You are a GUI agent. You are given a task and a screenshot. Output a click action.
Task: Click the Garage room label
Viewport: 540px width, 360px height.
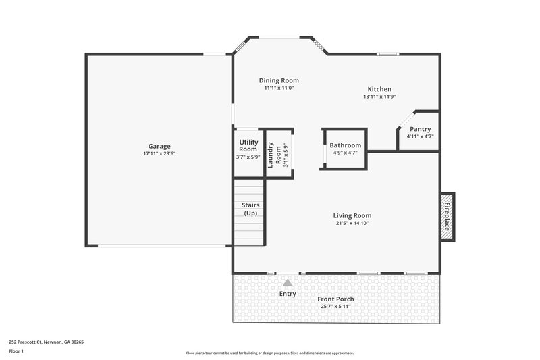click(159, 146)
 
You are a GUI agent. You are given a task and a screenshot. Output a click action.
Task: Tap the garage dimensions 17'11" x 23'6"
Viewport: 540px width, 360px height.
click(159, 154)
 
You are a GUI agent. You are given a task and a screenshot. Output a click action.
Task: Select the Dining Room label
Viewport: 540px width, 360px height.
click(279, 80)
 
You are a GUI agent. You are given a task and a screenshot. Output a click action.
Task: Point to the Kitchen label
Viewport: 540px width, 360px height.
click(379, 89)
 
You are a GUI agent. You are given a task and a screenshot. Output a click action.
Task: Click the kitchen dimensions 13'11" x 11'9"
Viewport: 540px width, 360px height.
click(379, 97)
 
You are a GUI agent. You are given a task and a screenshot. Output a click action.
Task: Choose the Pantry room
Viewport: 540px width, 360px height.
click(420, 132)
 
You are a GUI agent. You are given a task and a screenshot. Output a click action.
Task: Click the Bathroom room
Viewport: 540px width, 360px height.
click(345, 149)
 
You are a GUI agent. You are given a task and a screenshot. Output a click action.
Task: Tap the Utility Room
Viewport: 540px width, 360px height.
click(248, 149)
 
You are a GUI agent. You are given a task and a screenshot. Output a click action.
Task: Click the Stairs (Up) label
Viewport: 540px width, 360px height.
click(250, 209)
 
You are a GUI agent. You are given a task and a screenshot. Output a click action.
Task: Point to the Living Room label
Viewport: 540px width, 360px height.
click(352, 215)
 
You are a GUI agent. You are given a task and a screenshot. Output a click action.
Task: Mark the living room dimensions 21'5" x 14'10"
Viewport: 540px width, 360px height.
click(352, 223)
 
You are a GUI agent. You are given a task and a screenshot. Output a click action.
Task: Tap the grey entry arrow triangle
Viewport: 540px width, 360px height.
click(288, 282)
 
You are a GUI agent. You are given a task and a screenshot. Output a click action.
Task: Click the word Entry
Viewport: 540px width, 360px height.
click(288, 294)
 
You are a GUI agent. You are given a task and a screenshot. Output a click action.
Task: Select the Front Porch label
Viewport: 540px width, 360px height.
click(335, 299)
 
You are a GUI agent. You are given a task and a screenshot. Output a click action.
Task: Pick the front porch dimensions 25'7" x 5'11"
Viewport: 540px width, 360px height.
click(335, 306)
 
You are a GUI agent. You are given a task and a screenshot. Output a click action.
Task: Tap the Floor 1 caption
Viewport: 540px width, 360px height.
click(16, 351)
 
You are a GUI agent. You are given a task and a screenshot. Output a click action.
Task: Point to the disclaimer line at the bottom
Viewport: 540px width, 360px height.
click(269, 353)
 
